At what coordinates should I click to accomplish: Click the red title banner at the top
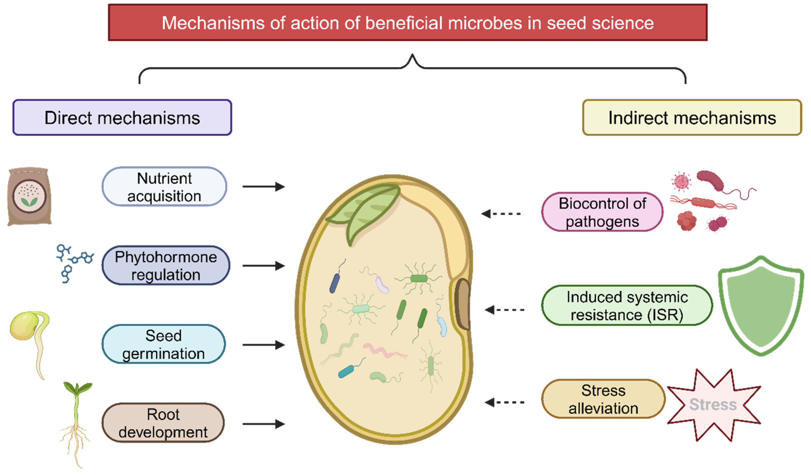click(x=407, y=23)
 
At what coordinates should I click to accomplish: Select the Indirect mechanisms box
click(x=692, y=118)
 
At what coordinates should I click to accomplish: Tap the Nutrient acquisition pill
click(x=164, y=187)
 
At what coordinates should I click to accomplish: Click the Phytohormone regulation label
click(x=166, y=266)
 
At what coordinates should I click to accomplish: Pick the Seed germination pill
click(x=164, y=345)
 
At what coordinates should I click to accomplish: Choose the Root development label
click(x=163, y=423)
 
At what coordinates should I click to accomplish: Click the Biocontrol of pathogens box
click(x=602, y=212)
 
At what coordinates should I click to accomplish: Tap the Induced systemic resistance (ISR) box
click(x=627, y=306)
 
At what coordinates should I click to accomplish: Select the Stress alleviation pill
click(x=603, y=399)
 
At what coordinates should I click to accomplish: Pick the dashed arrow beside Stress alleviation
click(x=504, y=402)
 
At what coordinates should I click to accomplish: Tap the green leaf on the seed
click(x=367, y=209)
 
